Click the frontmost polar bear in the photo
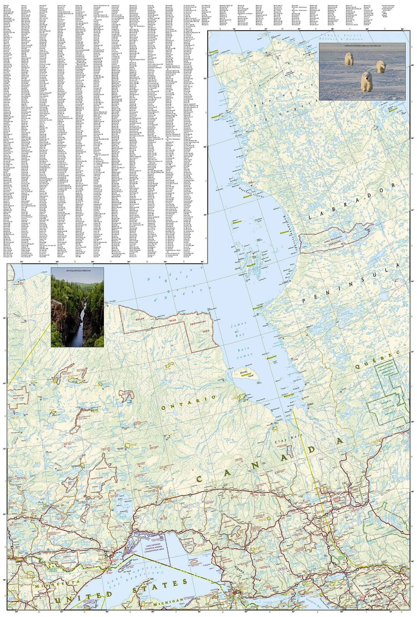coord(367,82)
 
